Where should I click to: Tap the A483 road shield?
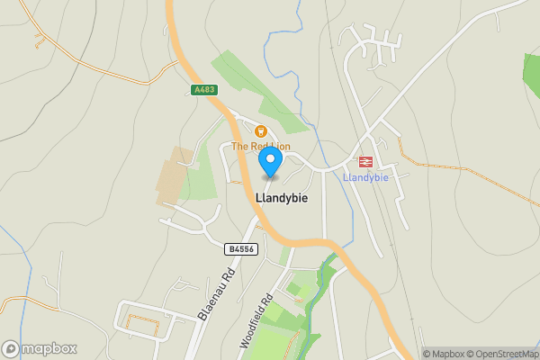pyautogui.click(x=204, y=91)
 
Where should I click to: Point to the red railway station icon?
pyautogui.click(x=366, y=162)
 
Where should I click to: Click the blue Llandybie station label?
pyautogui.click(x=366, y=177)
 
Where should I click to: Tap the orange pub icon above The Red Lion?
pyautogui.click(x=262, y=131)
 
